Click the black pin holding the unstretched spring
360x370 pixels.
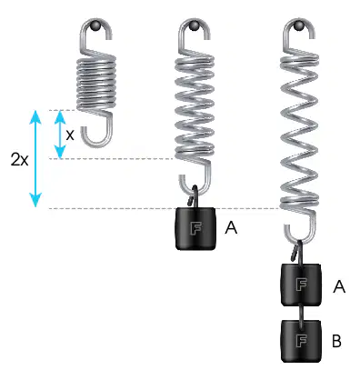[95, 25]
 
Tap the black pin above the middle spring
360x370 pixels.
[195, 25]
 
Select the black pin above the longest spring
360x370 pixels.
[299, 25]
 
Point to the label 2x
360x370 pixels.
[19, 159]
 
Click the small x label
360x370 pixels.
[70, 135]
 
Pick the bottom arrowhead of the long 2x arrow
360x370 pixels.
[35, 200]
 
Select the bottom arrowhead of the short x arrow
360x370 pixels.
[60, 152]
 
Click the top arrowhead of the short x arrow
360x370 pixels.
[60, 117]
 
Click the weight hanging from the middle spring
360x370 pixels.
[195, 229]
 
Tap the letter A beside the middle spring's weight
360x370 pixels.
[231, 227]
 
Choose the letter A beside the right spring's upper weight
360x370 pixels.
[339, 285]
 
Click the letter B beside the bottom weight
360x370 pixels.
[337, 341]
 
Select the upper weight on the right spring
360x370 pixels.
[301, 285]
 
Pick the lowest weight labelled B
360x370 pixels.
[301, 341]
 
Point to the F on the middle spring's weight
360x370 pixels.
[195, 228]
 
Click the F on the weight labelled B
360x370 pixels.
[301, 341]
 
